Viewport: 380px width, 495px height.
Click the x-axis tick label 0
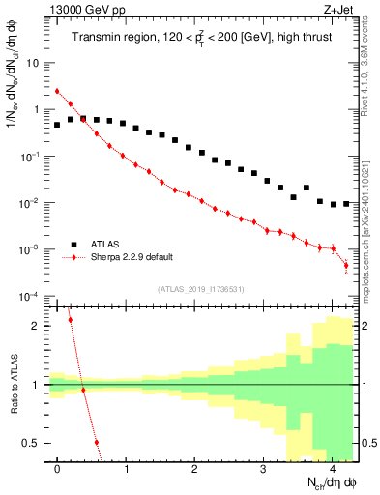[x=58, y=469]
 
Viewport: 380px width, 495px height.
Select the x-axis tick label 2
[x=195, y=469]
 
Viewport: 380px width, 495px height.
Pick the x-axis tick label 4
[x=332, y=469]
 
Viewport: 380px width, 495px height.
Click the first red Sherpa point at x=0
[x=58, y=91]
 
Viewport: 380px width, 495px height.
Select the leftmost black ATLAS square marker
[x=58, y=125]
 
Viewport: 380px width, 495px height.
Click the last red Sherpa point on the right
[x=345, y=266]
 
